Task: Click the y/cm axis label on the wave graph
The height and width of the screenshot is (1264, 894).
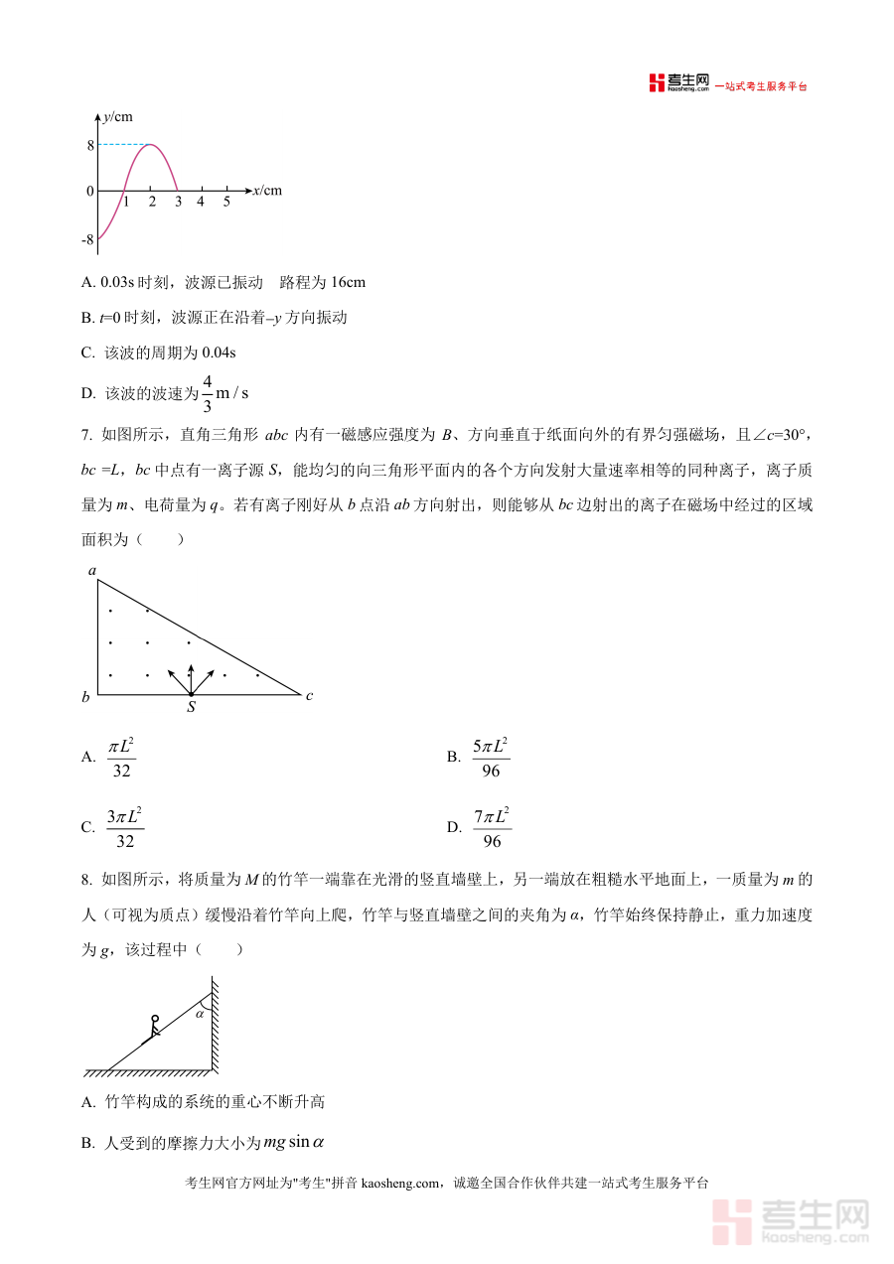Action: [x=118, y=117]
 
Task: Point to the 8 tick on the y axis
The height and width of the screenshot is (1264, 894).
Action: [x=89, y=145]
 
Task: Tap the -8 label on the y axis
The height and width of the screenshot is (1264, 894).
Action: [x=87, y=239]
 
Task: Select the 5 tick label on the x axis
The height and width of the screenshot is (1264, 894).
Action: [x=226, y=203]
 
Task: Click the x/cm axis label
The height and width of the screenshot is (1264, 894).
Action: [x=267, y=191]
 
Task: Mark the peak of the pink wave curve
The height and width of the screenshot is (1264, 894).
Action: [x=150, y=145]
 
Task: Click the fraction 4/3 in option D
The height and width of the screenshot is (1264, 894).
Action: [x=208, y=393]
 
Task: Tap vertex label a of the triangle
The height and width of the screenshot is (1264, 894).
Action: [x=91, y=570]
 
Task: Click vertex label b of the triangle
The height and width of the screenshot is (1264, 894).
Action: [x=85, y=697]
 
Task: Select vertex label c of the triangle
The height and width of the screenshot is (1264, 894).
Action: [x=310, y=696]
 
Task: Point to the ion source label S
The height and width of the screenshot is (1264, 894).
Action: [x=191, y=708]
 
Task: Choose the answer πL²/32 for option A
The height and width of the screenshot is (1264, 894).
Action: [x=121, y=757]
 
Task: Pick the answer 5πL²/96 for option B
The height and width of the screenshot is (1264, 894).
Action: [x=491, y=757]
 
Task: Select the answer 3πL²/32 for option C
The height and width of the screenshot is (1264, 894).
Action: [x=124, y=827]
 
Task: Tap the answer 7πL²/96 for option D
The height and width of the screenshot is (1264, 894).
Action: [x=492, y=827]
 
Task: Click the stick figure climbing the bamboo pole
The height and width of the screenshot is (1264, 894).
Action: [x=152, y=1029]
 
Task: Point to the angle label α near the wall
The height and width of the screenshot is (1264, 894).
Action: [x=199, y=1014]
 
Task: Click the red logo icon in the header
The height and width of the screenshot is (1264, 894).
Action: [x=657, y=83]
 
